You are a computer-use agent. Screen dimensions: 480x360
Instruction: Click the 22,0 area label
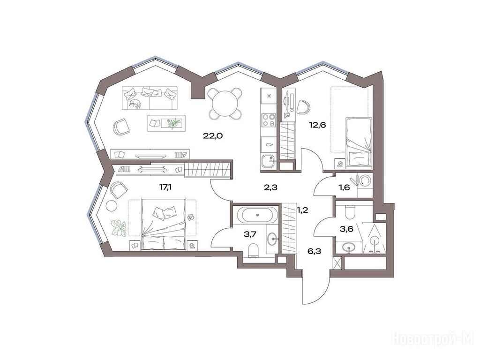(212, 136)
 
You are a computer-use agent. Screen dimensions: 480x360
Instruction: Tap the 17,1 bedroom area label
(165, 187)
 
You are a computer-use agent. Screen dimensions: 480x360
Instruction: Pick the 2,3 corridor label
(270, 187)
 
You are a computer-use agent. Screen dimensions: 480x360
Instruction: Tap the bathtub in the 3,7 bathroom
(258, 215)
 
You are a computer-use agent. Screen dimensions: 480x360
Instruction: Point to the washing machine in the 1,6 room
(365, 180)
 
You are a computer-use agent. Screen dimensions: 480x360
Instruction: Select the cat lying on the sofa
(135, 104)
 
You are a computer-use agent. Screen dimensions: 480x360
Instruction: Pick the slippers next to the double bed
(190, 217)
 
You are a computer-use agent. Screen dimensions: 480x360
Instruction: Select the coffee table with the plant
(167, 123)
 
